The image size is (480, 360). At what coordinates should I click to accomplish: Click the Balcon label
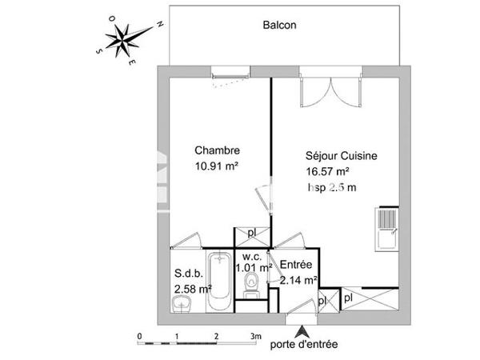coord(280,25)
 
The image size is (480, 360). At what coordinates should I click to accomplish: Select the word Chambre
coord(218,150)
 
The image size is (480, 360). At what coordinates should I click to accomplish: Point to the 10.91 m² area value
coord(218,166)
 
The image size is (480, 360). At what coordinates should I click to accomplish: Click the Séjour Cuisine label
coord(342,157)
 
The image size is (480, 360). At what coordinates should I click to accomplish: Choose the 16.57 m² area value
coord(327,171)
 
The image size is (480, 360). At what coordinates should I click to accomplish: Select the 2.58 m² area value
coord(193,288)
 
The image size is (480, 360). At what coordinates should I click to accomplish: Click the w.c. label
coord(249,257)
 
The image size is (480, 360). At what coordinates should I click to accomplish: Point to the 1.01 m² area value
coord(254,268)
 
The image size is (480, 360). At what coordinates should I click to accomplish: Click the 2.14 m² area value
coord(299,279)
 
